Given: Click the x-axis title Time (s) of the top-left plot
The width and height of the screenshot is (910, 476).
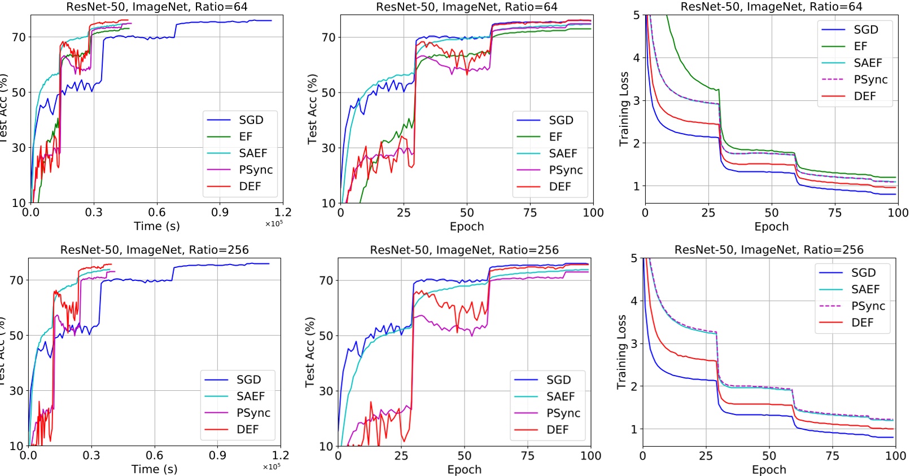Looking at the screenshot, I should tap(156, 226).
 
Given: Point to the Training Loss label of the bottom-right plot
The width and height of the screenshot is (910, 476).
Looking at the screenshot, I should tap(622, 352).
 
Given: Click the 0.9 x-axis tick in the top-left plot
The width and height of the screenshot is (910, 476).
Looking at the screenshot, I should tap(220, 212).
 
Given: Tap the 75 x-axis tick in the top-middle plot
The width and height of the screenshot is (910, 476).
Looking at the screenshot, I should tap(530, 213).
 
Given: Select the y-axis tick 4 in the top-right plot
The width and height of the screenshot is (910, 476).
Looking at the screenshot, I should tap(636, 58).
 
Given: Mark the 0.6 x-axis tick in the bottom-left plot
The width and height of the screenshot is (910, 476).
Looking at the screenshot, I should tap(154, 455).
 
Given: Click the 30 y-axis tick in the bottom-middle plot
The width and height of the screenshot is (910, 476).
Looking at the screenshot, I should tap(326, 391).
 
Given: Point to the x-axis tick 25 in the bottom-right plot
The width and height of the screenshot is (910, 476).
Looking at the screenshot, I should tap(706, 456).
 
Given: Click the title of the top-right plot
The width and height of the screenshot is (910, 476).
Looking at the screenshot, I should tap(771, 7).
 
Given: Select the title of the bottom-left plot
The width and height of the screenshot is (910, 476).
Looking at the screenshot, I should tap(154, 250).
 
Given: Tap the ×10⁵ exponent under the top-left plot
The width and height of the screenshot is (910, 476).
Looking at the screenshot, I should tap(274, 224).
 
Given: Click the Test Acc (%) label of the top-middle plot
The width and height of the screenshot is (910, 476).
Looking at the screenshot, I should tap(312, 109).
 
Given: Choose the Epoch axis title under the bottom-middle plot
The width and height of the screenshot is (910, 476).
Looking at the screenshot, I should tap(464, 469).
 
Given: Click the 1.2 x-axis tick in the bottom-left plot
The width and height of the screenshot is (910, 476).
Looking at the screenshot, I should tap(281, 455).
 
